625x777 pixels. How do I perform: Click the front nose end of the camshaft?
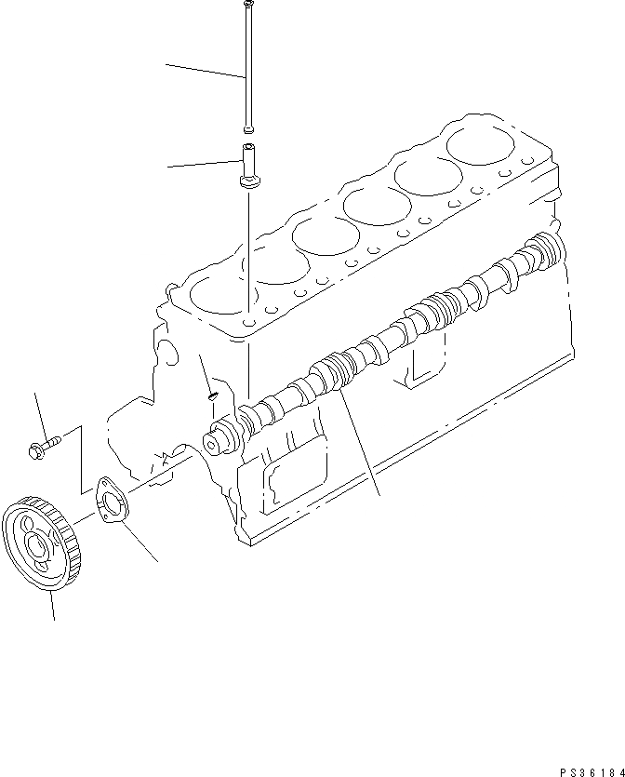(219, 438)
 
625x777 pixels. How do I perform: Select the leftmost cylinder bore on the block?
(221, 297)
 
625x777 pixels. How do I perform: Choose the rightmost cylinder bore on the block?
(481, 142)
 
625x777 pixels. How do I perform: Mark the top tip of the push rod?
(247, 5)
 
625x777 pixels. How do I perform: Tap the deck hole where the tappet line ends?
(249, 322)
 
